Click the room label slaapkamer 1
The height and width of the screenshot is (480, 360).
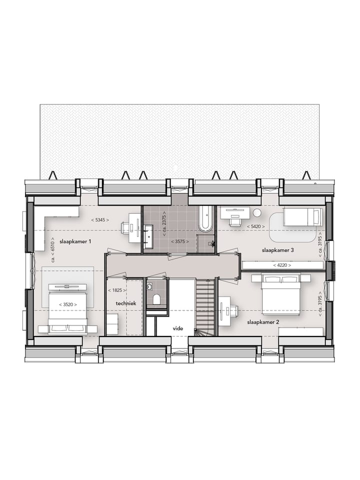click(75, 241)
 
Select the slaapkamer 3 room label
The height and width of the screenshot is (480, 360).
click(277, 249)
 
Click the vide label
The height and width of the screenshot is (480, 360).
click(177, 329)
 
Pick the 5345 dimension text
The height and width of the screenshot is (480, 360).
click(100, 219)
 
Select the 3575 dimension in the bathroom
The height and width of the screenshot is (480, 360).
click(179, 241)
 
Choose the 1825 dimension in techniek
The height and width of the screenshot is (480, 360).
click(116, 290)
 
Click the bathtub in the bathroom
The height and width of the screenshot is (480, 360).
click(205, 219)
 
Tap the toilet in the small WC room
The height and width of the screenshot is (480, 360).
click(156, 299)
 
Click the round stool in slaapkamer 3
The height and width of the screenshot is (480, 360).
click(257, 212)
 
